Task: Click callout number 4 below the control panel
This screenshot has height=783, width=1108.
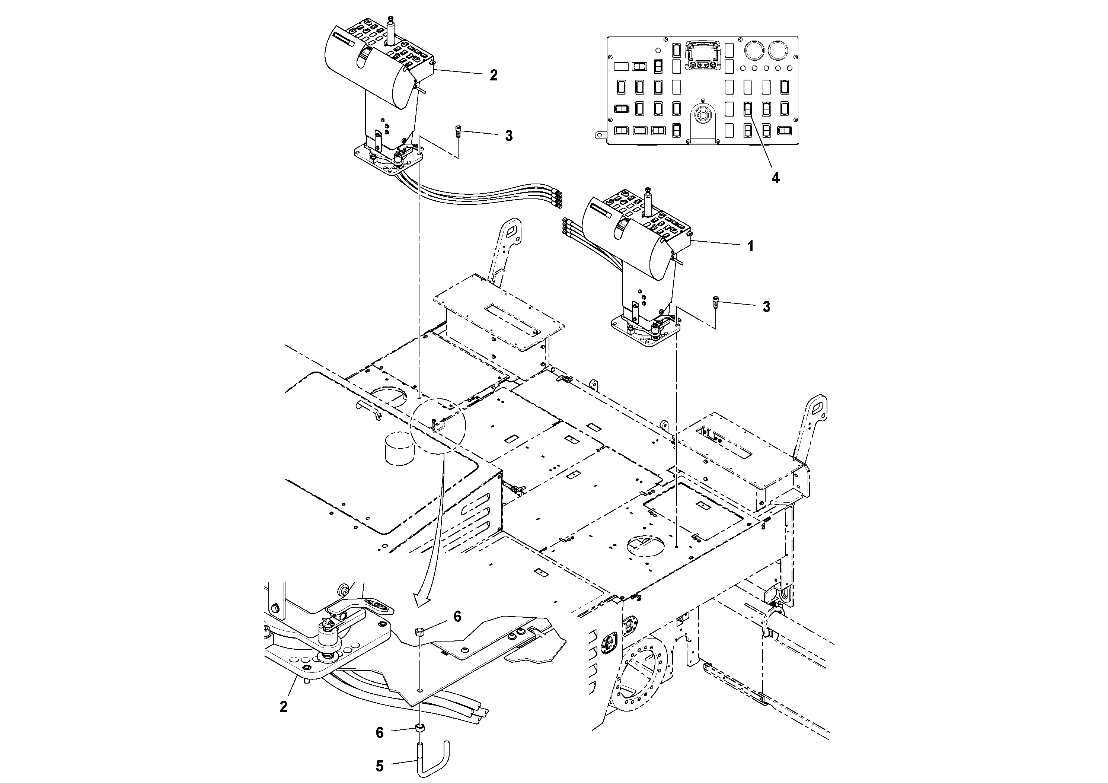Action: click(775, 178)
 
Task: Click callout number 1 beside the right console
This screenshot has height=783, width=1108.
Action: click(750, 247)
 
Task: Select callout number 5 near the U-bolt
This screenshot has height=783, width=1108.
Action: click(379, 766)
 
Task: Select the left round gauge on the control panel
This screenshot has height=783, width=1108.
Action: click(753, 50)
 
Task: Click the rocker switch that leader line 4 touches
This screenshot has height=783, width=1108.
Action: click(747, 109)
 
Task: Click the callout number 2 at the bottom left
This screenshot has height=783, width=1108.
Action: click(283, 707)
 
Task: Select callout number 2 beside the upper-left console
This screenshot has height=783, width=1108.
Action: click(493, 75)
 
